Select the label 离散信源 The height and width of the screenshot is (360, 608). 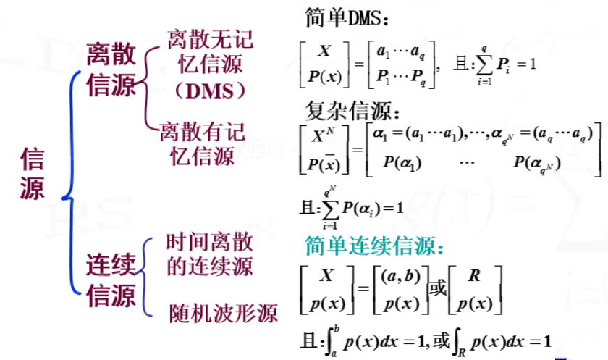click(x=111, y=70)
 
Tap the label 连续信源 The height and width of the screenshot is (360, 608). click(x=111, y=281)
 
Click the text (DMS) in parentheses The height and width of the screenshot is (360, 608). click(x=210, y=91)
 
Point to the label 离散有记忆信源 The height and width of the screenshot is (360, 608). click(x=203, y=143)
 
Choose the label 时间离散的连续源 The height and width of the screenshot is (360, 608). click(x=209, y=254)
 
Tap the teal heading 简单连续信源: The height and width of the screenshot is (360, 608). click(x=373, y=246)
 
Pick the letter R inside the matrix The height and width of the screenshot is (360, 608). click(x=475, y=275)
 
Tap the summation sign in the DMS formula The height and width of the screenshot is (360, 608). click(x=480, y=65)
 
